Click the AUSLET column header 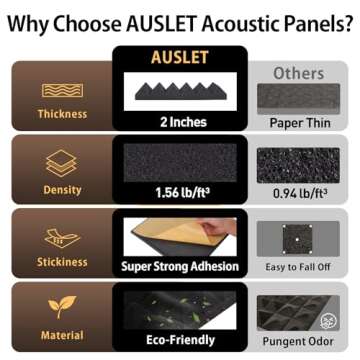(180, 58)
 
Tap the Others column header (299, 73)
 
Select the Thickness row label (62, 114)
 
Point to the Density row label (62, 190)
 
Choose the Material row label (62, 337)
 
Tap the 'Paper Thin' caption (299, 123)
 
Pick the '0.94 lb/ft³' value (299, 194)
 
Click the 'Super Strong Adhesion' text (180, 267)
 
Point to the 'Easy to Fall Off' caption (299, 267)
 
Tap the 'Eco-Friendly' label (180, 340)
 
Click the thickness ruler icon (62, 90)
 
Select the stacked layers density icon (62, 162)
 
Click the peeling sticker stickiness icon (62, 238)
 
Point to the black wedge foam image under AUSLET (180, 92)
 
